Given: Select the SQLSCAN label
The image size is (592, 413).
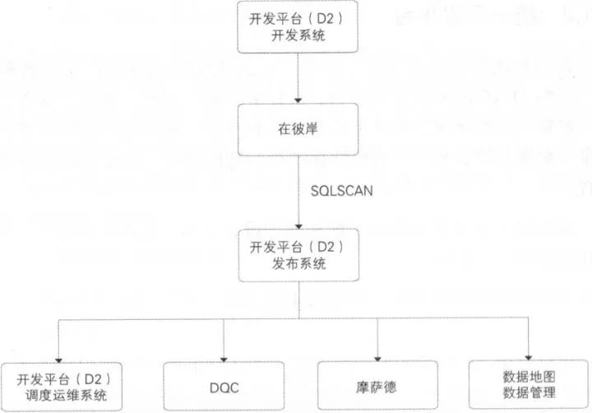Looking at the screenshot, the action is (x=335, y=189).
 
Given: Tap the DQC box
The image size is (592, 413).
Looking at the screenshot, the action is (x=224, y=386).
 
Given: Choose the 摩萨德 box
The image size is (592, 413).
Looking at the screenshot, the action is (x=377, y=386).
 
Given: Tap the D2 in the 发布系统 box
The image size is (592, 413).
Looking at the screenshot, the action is (x=329, y=247).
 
